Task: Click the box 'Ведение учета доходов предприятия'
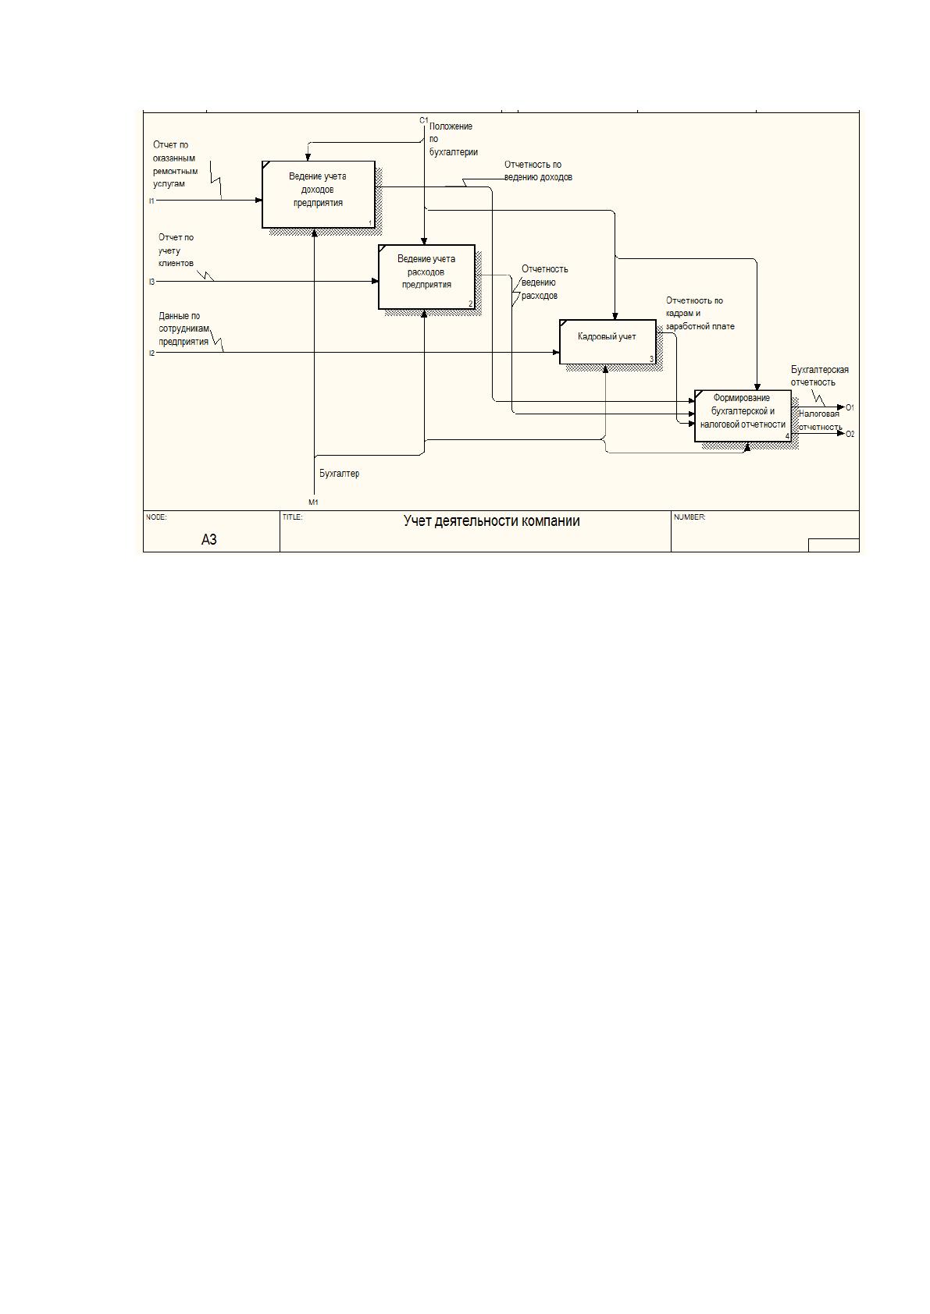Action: coord(319,194)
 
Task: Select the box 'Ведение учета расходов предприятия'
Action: coord(426,276)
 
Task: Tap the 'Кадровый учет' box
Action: coord(608,342)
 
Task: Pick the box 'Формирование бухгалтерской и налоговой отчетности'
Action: coord(743,415)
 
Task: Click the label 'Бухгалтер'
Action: coord(340,474)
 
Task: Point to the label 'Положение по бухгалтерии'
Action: coord(453,139)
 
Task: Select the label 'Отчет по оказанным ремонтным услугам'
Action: coord(175,164)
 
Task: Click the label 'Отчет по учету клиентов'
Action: coord(176,250)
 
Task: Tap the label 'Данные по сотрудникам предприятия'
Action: coord(184,329)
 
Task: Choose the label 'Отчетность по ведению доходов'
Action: coord(538,171)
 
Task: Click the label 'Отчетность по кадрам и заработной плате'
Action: coord(700,313)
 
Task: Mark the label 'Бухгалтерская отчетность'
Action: coord(820,376)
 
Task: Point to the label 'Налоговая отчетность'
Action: coord(820,421)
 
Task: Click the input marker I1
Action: coord(151,201)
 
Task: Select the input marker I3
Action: coord(151,282)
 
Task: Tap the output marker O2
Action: coord(850,434)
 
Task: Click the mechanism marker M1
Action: coord(314,503)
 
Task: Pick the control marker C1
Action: coord(424,120)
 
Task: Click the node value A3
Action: coord(209,540)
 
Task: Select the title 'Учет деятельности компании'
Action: coord(491,521)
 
